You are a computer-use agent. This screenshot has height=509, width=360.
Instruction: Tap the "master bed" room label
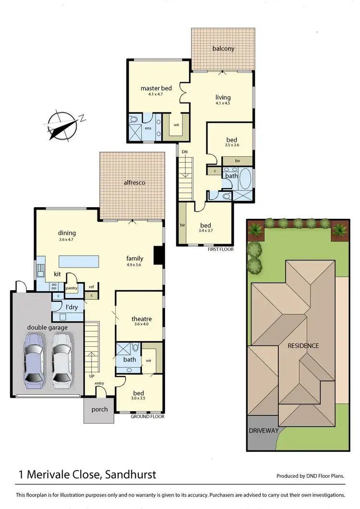coord(156,88)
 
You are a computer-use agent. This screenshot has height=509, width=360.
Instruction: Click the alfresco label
coord(134,183)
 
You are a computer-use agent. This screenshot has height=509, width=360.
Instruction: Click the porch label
coord(99,409)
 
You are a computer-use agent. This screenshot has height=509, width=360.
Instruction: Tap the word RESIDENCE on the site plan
coord(303,345)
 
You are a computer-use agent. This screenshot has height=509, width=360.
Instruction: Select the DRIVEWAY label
coord(264,431)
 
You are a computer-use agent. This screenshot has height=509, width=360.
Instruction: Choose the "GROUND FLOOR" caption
coord(148,416)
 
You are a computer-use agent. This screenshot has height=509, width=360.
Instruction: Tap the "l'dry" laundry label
coord(65,307)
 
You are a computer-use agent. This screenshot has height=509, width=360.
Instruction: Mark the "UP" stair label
coord(91,376)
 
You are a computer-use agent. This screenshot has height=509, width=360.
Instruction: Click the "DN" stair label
coord(184,152)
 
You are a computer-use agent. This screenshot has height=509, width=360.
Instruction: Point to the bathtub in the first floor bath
coord(245,178)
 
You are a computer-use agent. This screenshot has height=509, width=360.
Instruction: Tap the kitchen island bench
coord(79,261)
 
